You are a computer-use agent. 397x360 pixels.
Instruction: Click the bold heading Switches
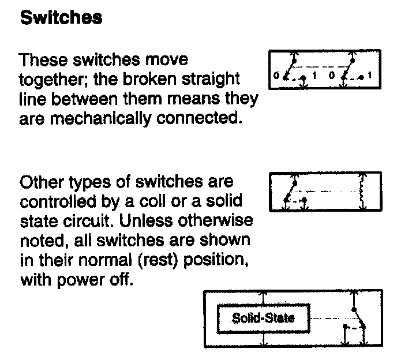click(x=61, y=18)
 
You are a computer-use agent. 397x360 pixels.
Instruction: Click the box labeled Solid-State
click(x=263, y=317)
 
